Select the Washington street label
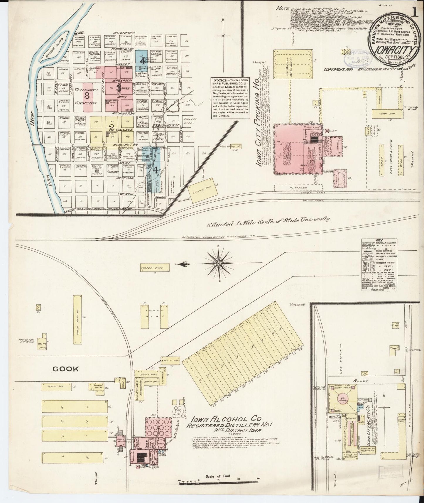[x=120, y=113]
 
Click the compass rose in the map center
[x=218, y=264]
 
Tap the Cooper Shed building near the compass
[x=155, y=268]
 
